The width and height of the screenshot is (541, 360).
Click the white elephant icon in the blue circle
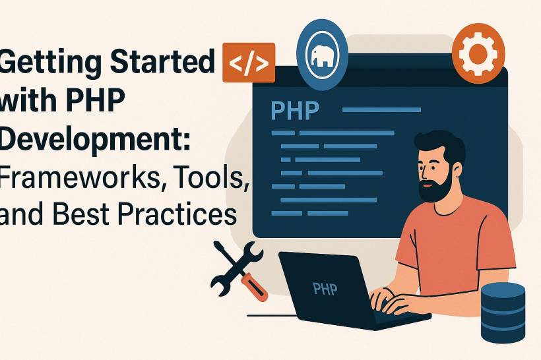[x=322, y=55]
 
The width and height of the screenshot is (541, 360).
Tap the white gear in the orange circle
[x=478, y=54]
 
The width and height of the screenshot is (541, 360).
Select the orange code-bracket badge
[x=249, y=63]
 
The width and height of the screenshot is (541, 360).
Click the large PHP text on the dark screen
[x=295, y=110]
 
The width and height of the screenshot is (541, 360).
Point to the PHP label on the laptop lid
[x=325, y=288]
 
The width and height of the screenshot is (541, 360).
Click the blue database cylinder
[x=503, y=313]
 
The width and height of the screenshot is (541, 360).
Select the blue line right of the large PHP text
[x=381, y=110]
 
